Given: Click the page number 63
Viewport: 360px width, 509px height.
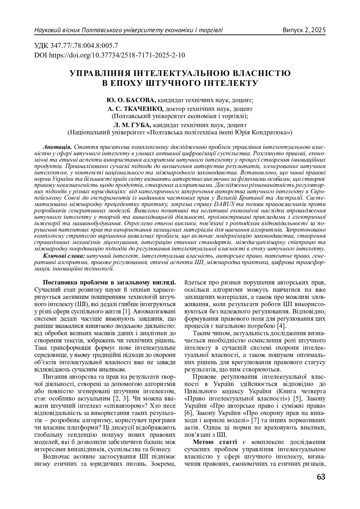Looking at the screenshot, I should coord(321,477).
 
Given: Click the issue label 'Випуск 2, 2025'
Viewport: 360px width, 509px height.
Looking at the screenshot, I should coord(304,30).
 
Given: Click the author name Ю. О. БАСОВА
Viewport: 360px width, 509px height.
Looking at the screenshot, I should coord(132,100).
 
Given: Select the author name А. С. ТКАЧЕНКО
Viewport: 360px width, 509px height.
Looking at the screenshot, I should coord(135,109).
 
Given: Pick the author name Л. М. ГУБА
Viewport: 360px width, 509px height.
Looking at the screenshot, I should coord(132,125).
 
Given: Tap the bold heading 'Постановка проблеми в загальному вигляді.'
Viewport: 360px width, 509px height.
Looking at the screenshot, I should coord(109,282).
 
